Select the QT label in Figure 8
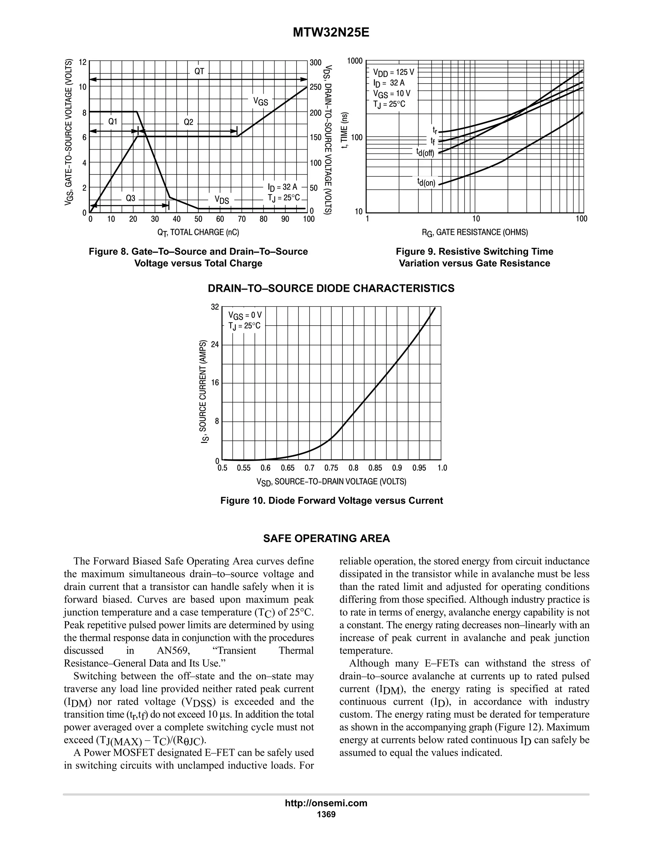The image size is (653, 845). (x=199, y=71)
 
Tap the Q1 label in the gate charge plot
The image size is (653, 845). (x=113, y=121)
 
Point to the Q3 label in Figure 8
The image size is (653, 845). (x=131, y=198)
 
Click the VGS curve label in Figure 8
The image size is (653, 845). (x=260, y=101)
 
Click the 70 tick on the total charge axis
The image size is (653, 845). (x=242, y=219)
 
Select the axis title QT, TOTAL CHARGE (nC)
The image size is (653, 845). (x=198, y=232)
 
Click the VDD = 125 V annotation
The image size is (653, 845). (x=393, y=72)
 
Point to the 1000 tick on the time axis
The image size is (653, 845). (x=355, y=61)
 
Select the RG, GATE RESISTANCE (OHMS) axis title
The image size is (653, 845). (x=475, y=232)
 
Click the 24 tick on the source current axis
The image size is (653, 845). (x=215, y=344)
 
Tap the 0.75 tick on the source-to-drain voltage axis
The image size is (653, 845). (x=331, y=468)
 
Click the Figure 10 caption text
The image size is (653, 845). (x=332, y=501)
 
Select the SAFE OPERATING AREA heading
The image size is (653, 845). (x=326, y=539)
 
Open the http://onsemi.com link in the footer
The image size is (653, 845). (x=326, y=803)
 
